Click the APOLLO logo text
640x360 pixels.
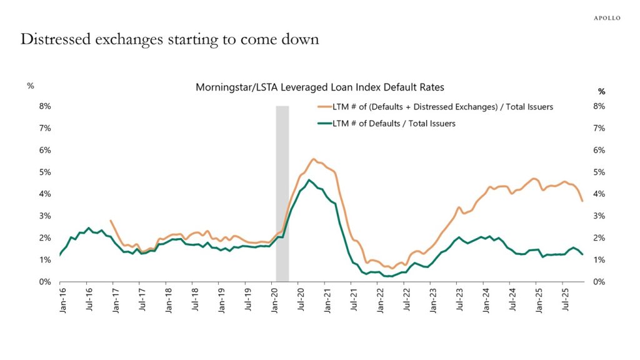point(606,18)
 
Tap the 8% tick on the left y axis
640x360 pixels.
point(44,106)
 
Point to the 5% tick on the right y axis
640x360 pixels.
point(598,172)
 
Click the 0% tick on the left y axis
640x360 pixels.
point(44,282)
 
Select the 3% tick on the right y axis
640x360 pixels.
point(598,216)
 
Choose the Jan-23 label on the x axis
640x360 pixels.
point(432,301)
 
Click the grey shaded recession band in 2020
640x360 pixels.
point(282,194)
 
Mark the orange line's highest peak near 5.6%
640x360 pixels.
point(314,159)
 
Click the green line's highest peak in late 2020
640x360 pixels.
point(309,180)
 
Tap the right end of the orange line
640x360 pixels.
point(582,201)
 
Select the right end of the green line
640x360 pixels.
point(582,254)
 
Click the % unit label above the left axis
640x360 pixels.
point(30,86)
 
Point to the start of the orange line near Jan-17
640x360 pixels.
point(111,221)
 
